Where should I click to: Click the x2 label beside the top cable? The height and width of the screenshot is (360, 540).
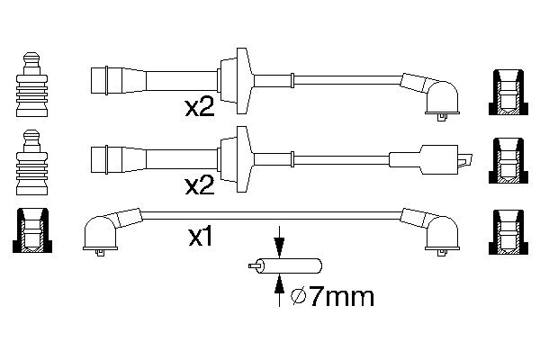pos(200,107)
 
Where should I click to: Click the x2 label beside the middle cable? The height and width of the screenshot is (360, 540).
pos(200,185)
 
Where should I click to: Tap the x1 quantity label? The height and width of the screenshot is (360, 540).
pos(201,237)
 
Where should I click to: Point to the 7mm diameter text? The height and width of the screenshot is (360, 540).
pos(341,296)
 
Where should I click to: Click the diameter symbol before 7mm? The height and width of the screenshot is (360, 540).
pos(299,297)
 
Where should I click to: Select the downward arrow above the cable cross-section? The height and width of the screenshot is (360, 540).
pos(279,242)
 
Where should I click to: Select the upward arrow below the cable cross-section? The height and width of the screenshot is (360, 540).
pos(279,290)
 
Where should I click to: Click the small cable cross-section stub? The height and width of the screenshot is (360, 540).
pos(285,266)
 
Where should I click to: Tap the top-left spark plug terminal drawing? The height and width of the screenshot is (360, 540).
pos(31,85)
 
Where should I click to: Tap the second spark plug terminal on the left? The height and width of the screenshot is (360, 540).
pos(31,163)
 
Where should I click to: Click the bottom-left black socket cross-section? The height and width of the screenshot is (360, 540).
pos(32,230)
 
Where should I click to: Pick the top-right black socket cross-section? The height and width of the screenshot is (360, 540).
pos(508,93)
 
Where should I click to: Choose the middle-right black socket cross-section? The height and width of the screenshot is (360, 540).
pos(508,161)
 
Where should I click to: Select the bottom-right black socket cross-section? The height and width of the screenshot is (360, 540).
pos(508,232)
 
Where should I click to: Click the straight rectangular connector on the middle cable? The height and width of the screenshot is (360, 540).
pos(430,160)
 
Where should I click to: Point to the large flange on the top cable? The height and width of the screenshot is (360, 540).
pos(236,81)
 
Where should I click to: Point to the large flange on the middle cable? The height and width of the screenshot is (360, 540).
pos(236,159)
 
